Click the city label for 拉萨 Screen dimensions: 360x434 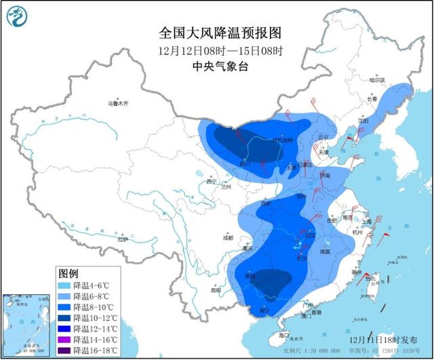click(122, 239)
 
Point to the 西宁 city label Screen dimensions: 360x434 click(210, 182)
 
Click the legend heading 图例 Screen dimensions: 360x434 click(68, 273)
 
